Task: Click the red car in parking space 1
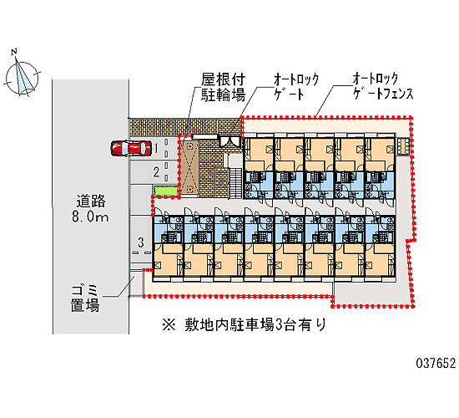click(x=131, y=148)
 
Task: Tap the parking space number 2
click(x=157, y=172)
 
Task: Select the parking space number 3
click(x=141, y=242)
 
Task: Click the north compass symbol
click(x=23, y=78)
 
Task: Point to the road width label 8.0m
click(x=90, y=217)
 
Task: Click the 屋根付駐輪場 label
click(x=223, y=87)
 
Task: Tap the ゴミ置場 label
click(x=85, y=298)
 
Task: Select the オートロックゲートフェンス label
click(x=383, y=86)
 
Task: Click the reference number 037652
click(x=436, y=363)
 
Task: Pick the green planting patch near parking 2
click(x=166, y=191)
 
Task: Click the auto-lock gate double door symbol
click(x=230, y=141)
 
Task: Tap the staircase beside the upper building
click(x=235, y=182)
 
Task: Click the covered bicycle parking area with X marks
click(x=189, y=167)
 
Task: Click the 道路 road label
click(x=91, y=201)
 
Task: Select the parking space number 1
click(x=157, y=148)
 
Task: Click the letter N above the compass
click(x=13, y=52)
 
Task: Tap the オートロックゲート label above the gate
click(x=296, y=87)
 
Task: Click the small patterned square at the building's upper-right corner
click(x=403, y=146)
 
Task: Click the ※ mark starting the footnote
click(x=169, y=325)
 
